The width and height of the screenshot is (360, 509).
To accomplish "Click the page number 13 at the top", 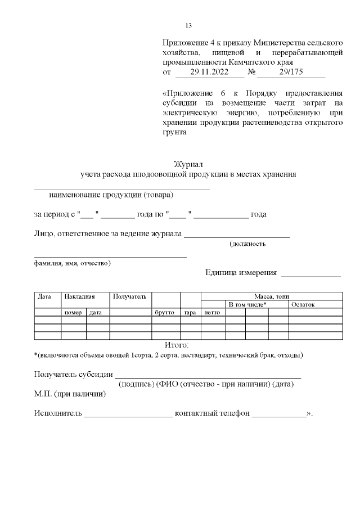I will coord(189,26).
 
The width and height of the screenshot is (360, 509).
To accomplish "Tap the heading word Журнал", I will coord(188,164).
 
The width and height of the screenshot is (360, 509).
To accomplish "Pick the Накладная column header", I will coord(79,296).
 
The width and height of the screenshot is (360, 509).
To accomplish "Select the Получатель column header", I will coord(130,296).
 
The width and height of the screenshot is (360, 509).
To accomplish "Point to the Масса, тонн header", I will coord(272,296).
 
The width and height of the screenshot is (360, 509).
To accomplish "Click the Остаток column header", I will coord(303,304).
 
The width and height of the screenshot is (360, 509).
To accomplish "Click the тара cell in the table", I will coord(190,312).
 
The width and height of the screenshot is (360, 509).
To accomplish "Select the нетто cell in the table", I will coord(212,312).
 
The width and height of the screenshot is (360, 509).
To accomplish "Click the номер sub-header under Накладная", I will coord(73,312).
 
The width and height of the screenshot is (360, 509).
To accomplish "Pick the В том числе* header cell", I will coord(247,304).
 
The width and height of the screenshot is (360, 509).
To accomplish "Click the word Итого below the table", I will coord(177,344).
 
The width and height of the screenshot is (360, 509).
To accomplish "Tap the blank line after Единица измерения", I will coord(310,274).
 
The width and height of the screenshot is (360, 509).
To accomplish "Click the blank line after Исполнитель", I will coord(128,416).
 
